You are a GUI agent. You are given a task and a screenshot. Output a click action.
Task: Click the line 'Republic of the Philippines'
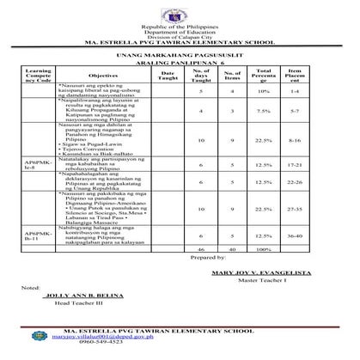pyautogui.click(x=180, y=29)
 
